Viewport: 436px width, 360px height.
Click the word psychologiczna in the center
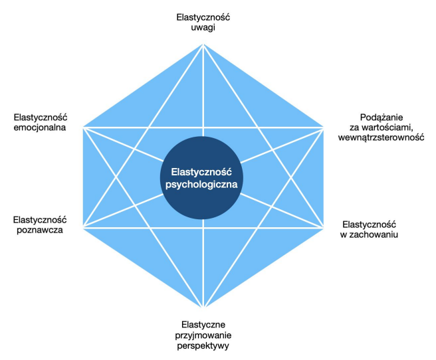point(203,183)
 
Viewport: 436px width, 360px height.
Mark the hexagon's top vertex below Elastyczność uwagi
point(202,45)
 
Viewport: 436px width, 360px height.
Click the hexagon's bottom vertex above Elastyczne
point(203,306)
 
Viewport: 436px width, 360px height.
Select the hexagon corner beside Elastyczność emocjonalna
point(82,126)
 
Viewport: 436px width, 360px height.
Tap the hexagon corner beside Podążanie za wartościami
point(324,126)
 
